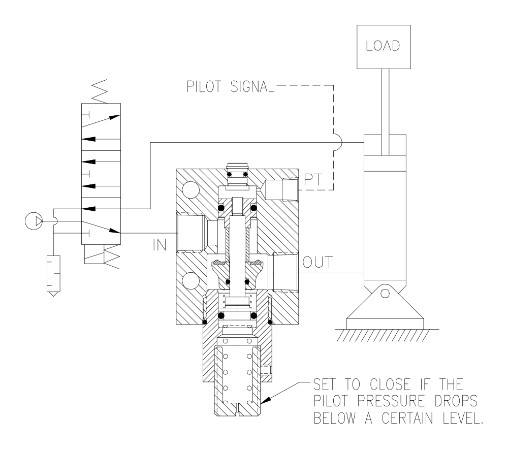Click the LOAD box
click(x=384, y=47)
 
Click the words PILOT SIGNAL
click(x=230, y=86)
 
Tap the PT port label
click(x=313, y=179)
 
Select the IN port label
click(x=160, y=245)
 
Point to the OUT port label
click(x=317, y=262)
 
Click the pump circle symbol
click(x=34, y=221)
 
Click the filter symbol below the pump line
click(x=54, y=276)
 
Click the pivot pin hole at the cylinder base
click(x=385, y=294)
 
